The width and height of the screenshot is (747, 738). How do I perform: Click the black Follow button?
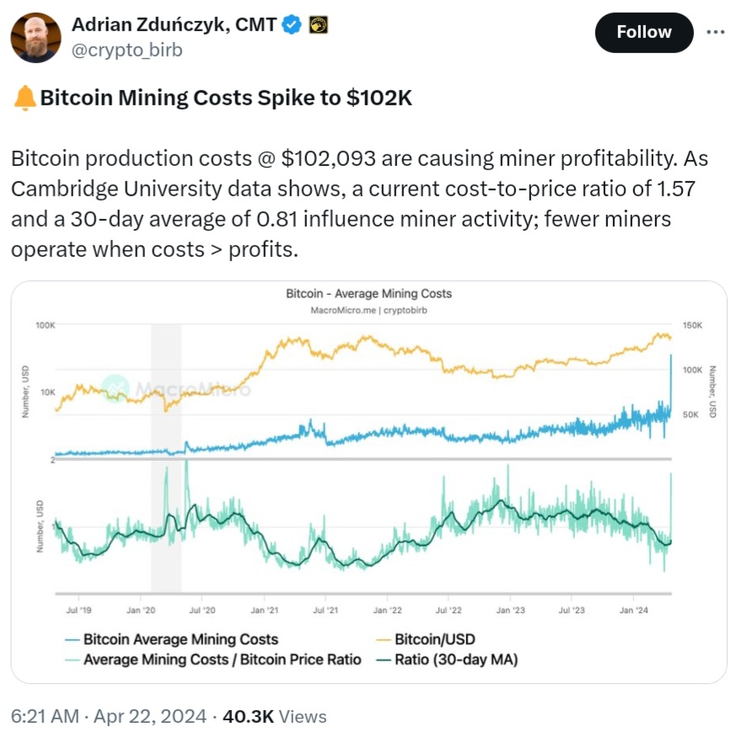coord(644,33)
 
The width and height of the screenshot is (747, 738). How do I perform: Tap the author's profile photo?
coord(35,38)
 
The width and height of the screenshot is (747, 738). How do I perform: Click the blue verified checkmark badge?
coord(292,25)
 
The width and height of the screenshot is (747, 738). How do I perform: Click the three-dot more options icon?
coord(714,32)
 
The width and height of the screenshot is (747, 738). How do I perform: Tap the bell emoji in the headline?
coord(25,98)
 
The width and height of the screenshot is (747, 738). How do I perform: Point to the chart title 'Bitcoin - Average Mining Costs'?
coord(368,294)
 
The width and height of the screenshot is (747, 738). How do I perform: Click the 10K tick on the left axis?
coord(47,393)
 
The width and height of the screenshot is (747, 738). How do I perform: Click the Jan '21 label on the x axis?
coord(265,609)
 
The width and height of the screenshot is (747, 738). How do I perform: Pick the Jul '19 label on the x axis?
coord(78,609)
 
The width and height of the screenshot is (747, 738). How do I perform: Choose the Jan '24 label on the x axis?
coord(634,609)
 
